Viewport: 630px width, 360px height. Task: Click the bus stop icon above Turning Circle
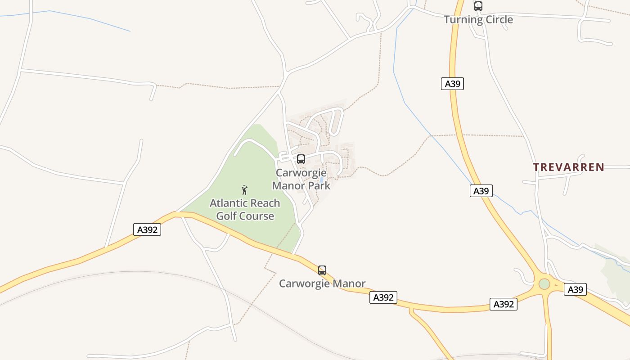click(478, 6)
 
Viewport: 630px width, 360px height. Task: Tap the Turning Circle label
click(478, 19)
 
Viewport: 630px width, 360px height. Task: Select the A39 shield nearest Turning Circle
click(452, 84)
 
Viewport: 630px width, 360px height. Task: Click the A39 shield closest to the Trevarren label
click(481, 191)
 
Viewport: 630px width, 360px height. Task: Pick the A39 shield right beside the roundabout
click(575, 289)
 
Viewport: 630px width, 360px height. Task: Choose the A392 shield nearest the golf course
click(147, 229)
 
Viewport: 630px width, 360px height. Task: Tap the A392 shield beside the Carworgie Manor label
click(383, 297)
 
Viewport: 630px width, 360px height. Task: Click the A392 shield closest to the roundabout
click(503, 304)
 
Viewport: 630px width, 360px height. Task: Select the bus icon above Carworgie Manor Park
click(301, 159)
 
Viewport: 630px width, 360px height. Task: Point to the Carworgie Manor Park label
click(301, 179)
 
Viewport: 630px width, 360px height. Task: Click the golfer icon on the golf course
click(245, 190)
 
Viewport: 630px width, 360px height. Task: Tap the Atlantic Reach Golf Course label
click(245, 210)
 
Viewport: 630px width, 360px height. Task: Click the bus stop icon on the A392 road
click(322, 270)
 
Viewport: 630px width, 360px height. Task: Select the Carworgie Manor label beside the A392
click(322, 283)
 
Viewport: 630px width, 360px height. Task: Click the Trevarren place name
click(568, 167)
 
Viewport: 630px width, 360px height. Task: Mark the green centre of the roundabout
click(544, 284)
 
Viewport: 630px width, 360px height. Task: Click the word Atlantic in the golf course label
click(228, 203)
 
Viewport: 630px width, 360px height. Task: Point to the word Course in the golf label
click(257, 216)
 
